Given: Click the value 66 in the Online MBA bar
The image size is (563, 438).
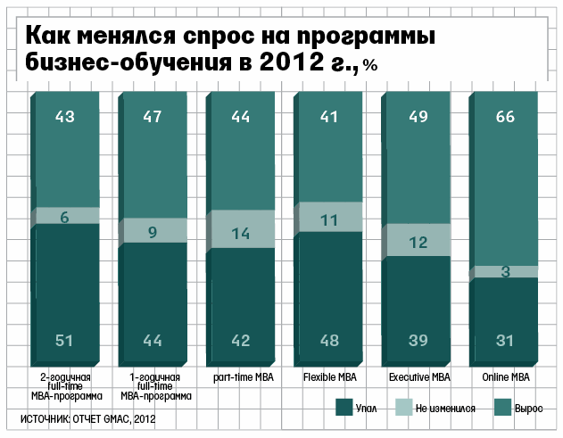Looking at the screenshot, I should [x=504, y=116].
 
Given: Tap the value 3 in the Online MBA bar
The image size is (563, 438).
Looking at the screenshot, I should [x=504, y=271].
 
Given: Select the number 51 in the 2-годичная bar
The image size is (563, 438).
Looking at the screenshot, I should [x=65, y=340].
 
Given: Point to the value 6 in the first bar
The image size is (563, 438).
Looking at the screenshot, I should [x=65, y=216].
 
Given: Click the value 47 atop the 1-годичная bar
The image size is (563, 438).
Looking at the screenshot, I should [x=153, y=116].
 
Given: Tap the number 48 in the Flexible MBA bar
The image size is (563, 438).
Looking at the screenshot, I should [x=329, y=340].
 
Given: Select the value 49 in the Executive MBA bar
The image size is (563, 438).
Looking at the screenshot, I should [x=418, y=116].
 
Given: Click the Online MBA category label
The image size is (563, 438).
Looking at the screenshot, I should [x=504, y=377].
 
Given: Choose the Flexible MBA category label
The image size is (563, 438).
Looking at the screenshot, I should [x=329, y=377].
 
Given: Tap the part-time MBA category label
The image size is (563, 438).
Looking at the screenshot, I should [x=242, y=377].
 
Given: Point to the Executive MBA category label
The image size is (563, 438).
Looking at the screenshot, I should [x=418, y=377].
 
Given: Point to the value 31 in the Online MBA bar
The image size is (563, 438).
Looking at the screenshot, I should [x=504, y=340].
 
